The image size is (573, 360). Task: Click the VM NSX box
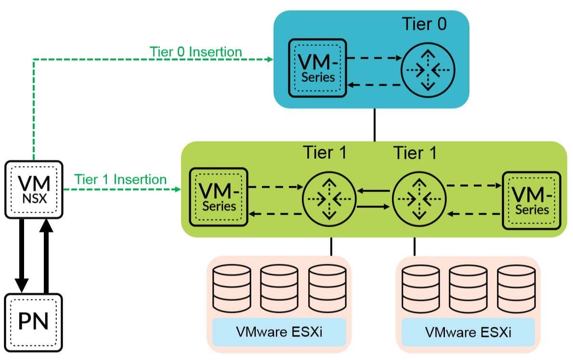pos(34,190)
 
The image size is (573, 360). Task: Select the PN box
pos(34,322)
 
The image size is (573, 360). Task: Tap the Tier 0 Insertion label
pos(195,52)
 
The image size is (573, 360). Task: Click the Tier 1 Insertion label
pos(120,179)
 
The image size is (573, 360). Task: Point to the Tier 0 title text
pos(424,24)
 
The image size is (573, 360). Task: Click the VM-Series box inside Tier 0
pos(318,68)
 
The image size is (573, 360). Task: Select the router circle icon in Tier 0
pos(428,70)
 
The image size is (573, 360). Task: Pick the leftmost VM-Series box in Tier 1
pos(219,197)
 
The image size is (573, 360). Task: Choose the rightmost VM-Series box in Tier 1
pos(532,201)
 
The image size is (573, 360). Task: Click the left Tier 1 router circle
pos(329,199)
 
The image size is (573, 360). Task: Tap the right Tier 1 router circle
pos(419,199)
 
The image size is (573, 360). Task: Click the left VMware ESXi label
pos(279,332)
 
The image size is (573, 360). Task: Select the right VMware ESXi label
pos(468,332)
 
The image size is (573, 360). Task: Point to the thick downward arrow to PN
pos(22,256)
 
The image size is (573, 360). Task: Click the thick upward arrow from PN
pos(46,256)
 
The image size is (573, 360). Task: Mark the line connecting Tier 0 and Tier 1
pos(375,125)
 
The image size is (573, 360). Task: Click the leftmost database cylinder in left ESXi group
pos(232,288)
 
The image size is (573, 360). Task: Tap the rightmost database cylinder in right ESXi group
pos(516,289)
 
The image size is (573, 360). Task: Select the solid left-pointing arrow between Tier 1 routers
pos(374,191)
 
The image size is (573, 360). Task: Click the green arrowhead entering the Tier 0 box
pos(270,59)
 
